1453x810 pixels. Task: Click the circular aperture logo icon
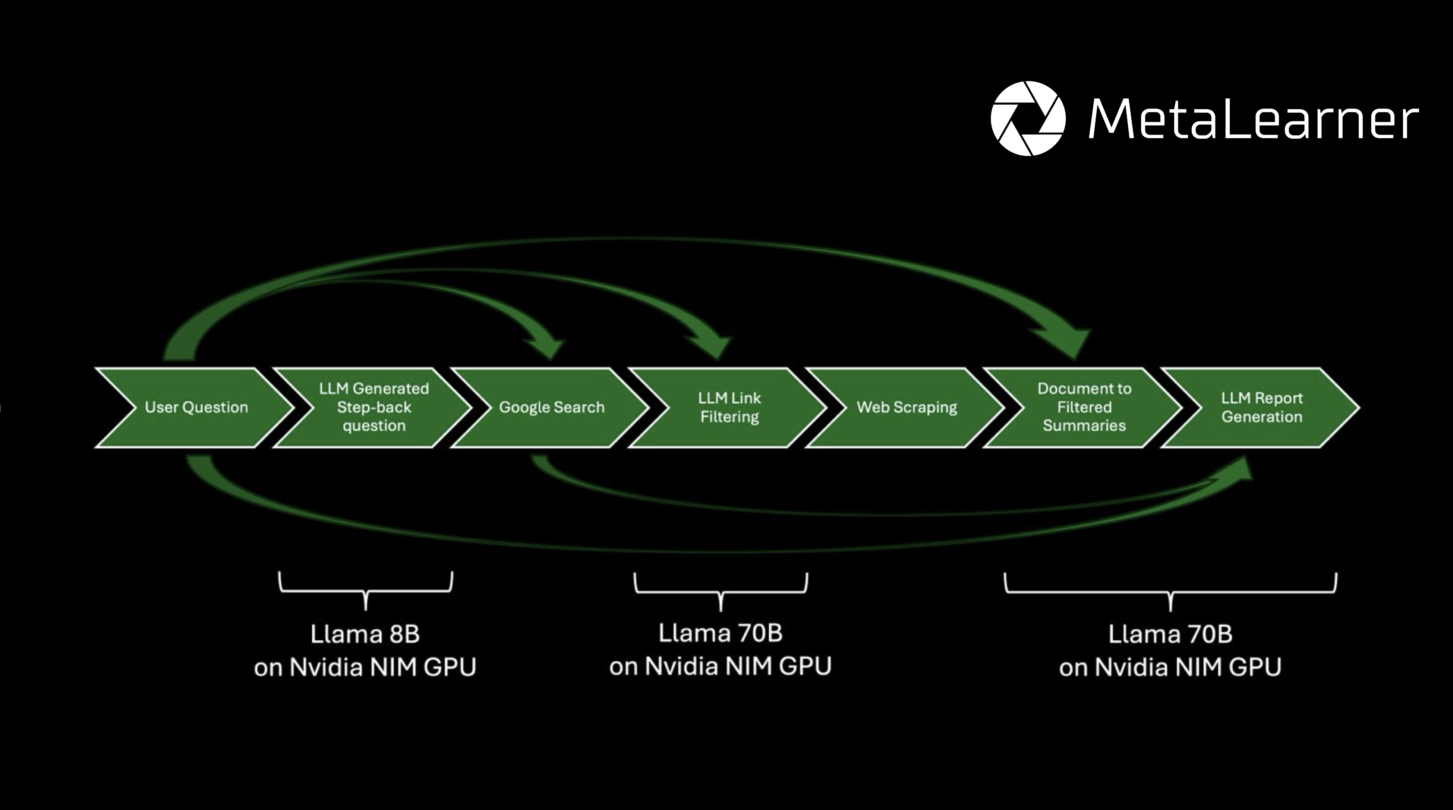pyautogui.click(x=1028, y=118)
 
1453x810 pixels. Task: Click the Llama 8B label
pyautogui.click(x=365, y=635)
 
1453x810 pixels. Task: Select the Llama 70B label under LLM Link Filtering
pyautogui.click(x=720, y=633)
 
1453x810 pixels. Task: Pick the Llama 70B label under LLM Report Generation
pyautogui.click(x=1170, y=635)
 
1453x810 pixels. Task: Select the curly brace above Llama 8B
pyautogui.click(x=366, y=589)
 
